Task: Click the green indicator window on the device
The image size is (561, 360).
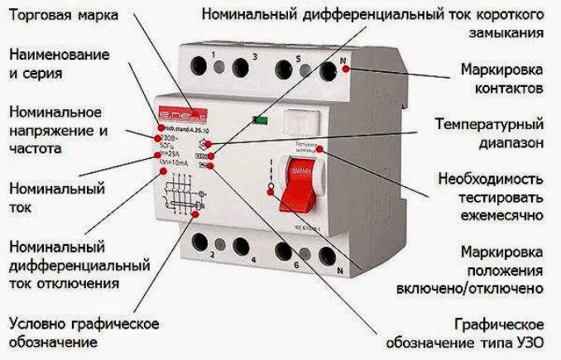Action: (261, 120)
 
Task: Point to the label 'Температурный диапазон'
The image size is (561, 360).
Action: (489, 133)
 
